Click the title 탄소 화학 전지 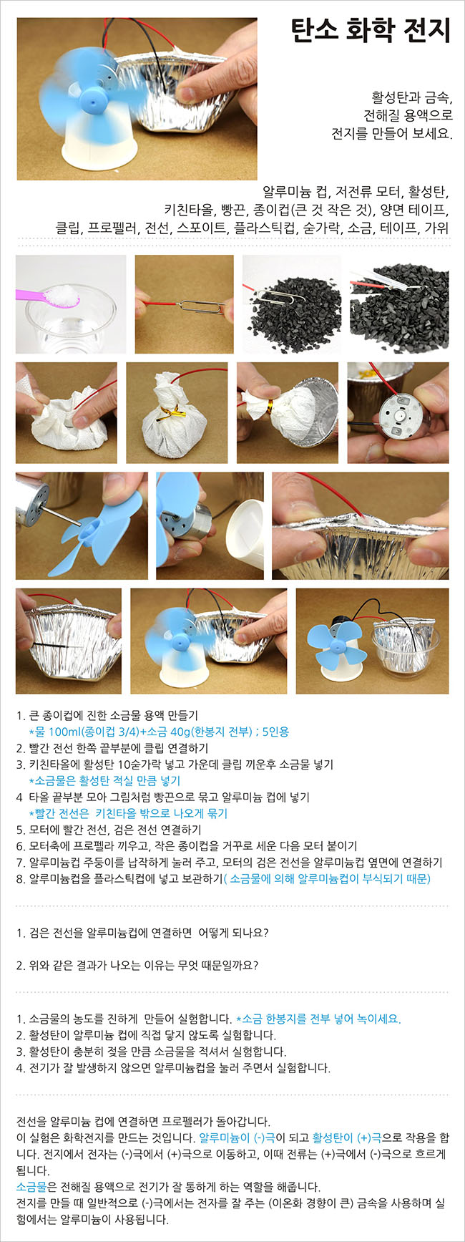pyautogui.click(x=371, y=31)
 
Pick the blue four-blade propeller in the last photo pyautogui.click(x=337, y=644)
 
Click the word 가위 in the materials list pyautogui.click(x=438, y=228)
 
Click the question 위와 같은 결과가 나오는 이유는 pyautogui.click(x=137, y=965)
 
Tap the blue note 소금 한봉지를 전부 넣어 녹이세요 pyautogui.click(x=318, y=1019)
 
